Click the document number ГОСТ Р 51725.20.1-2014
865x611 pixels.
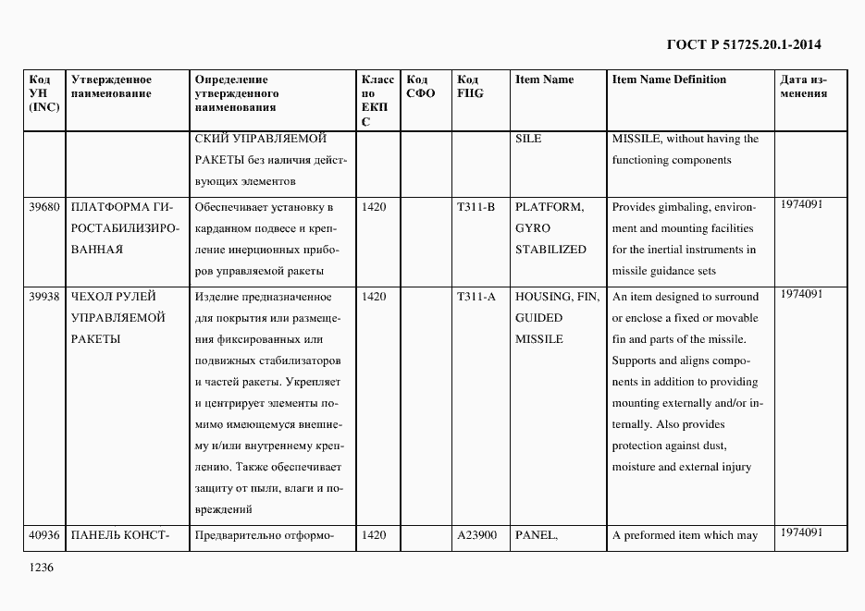pyautogui.click(x=744, y=44)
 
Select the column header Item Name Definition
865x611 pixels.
pyautogui.click(x=669, y=79)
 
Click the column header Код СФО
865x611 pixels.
pyautogui.click(x=420, y=86)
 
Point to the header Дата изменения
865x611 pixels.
pyautogui.click(x=803, y=86)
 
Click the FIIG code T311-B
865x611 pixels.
pyautogui.click(x=476, y=207)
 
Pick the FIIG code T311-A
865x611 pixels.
pyautogui.click(x=476, y=297)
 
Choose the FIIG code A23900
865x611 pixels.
pyautogui.click(x=477, y=535)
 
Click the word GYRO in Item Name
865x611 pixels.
pyautogui.click(x=533, y=228)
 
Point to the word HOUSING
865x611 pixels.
pyautogui.click(x=544, y=297)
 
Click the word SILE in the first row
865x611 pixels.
pyautogui.click(x=528, y=139)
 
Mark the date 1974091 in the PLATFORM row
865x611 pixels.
pyautogui.click(x=801, y=204)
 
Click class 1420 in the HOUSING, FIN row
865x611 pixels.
pyautogui.click(x=374, y=297)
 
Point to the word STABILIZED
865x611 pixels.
pyautogui.click(x=550, y=250)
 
